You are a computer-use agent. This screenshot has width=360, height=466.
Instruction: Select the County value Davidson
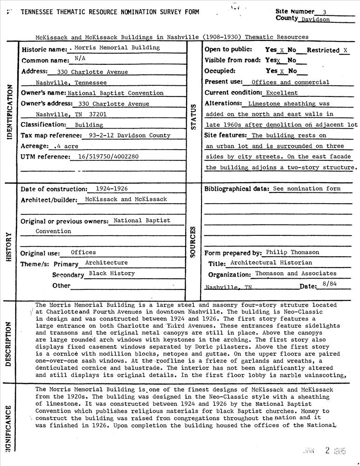tap(315, 20)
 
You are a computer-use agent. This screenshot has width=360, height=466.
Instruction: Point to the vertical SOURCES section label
tap(194, 242)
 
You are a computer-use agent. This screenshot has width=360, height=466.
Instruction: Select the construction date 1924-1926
tap(111, 189)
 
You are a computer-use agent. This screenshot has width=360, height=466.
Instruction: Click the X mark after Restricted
tap(345, 50)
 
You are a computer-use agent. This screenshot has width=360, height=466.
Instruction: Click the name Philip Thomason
tap(292, 252)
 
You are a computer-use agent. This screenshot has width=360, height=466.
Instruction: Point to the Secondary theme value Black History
tap(112, 273)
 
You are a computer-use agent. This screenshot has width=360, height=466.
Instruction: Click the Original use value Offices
tap(83, 252)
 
